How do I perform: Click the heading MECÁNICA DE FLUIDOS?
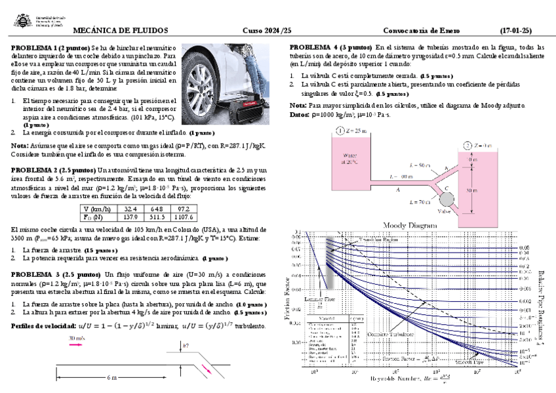[x=120, y=31]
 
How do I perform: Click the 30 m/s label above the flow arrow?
[x=77, y=339]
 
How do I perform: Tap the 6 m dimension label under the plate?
[x=111, y=379]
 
